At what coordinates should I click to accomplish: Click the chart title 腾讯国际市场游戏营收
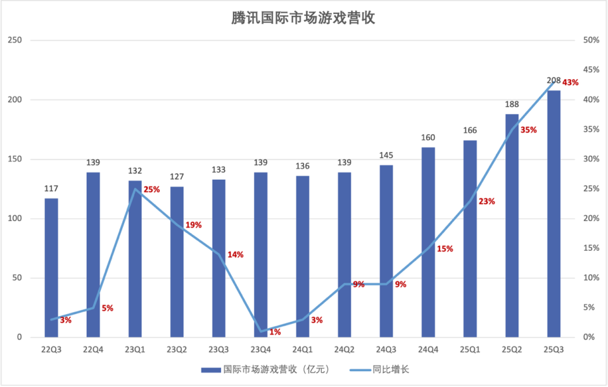pyautogui.click(x=303, y=18)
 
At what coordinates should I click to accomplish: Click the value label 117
pyautogui.click(x=51, y=189)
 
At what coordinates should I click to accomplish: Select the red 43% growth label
pyautogui.click(x=570, y=83)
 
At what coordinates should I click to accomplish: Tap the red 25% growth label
pyautogui.click(x=151, y=189)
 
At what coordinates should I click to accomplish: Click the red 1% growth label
pyautogui.click(x=275, y=332)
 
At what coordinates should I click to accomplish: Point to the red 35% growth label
pyautogui.click(x=528, y=130)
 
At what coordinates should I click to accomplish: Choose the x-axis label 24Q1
pyautogui.click(x=303, y=350)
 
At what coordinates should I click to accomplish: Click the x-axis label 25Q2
pyautogui.click(x=512, y=350)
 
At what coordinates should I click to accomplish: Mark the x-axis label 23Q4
pyautogui.click(x=261, y=350)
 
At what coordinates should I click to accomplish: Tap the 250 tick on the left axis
pyautogui.click(x=15, y=41)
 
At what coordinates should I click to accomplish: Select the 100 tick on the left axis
pyautogui.click(x=15, y=219)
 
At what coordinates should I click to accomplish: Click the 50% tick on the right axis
pyautogui.click(x=592, y=41)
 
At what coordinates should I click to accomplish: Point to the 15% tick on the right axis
pyautogui.click(x=592, y=248)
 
